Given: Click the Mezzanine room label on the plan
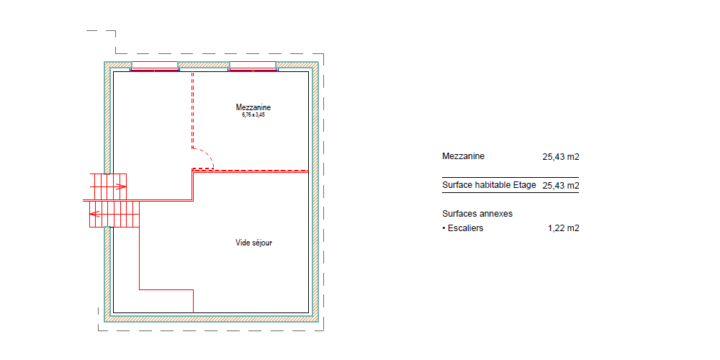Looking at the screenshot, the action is point(253,107).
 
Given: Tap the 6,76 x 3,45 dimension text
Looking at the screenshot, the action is point(253,114).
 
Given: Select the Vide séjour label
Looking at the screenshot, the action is point(253,243).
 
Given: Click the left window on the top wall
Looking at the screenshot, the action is point(155,66).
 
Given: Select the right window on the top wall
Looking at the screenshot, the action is point(253,66).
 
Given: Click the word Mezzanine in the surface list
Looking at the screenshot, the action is point(463,156).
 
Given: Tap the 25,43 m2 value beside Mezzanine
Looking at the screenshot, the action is point(561,156).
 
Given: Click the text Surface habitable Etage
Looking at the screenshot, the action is point(489,185).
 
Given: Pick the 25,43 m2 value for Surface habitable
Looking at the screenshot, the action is point(561,186).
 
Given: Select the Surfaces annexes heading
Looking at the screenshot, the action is point(477,214).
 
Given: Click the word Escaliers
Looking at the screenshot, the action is point(466,228).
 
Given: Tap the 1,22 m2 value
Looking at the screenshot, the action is point(564,228).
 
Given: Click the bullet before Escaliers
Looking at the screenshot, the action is point(444,228).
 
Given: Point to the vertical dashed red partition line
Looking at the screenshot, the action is point(192,110).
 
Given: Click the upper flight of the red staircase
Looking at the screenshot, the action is point(108,187).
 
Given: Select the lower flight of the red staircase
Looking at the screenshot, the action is point(114,214).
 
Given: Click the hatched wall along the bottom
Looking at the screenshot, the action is point(211,318).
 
